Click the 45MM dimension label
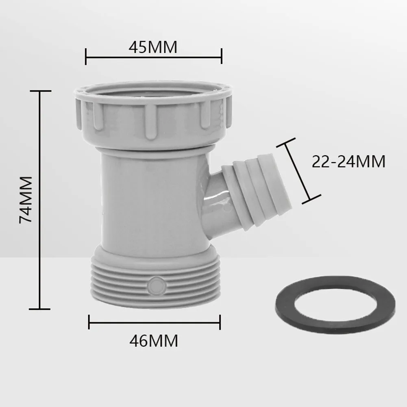point(153,48)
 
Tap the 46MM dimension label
point(154,341)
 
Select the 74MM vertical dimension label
point(26,199)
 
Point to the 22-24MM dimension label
point(348,162)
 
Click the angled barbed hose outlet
point(252,191)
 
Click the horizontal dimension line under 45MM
point(153,57)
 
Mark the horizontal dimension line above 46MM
point(155,322)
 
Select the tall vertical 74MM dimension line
point(40,199)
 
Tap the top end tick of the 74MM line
point(40,91)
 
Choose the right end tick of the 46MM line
point(220,322)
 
